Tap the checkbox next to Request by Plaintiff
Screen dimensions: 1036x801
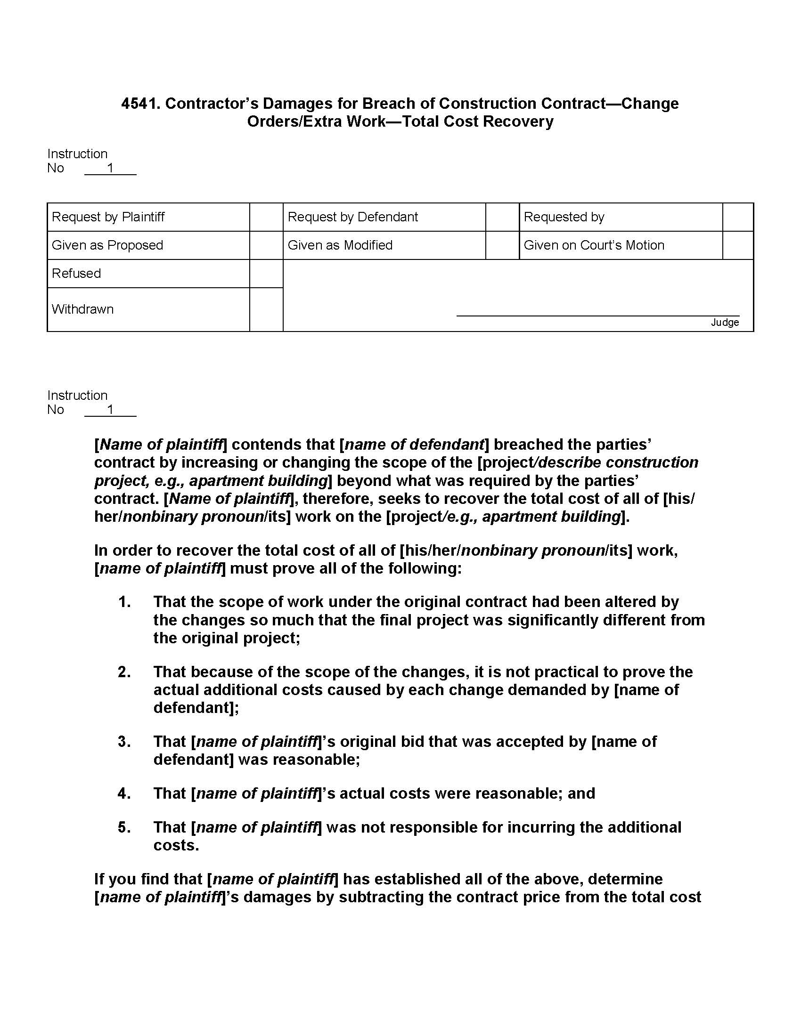pyautogui.click(x=266, y=217)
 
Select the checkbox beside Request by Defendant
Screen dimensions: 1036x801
pyautogui.click(x=502, y=217)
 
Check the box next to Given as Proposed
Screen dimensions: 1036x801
pyautogui.click(x=266, y=245)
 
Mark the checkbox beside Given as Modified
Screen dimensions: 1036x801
pyautogui.click(x=502, y=245)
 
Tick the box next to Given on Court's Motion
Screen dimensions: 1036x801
pyautogui.click(x=738, y=245)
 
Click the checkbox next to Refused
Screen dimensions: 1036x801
pyautogui.click(x=266, y=274)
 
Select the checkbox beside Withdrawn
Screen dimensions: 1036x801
pyautogui.click(x=266, y=309)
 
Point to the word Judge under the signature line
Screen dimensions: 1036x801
pyautogui.click(x=725, y=323)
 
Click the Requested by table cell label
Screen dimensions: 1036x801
pyautogui.click(x=564, y=217)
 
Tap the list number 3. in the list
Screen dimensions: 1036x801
pyautogui.click(x=124, y=741)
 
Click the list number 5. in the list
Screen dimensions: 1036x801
pyautogui.click(x=124, y=827)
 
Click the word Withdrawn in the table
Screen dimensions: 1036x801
pyautogui.click(x=82, y=309)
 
